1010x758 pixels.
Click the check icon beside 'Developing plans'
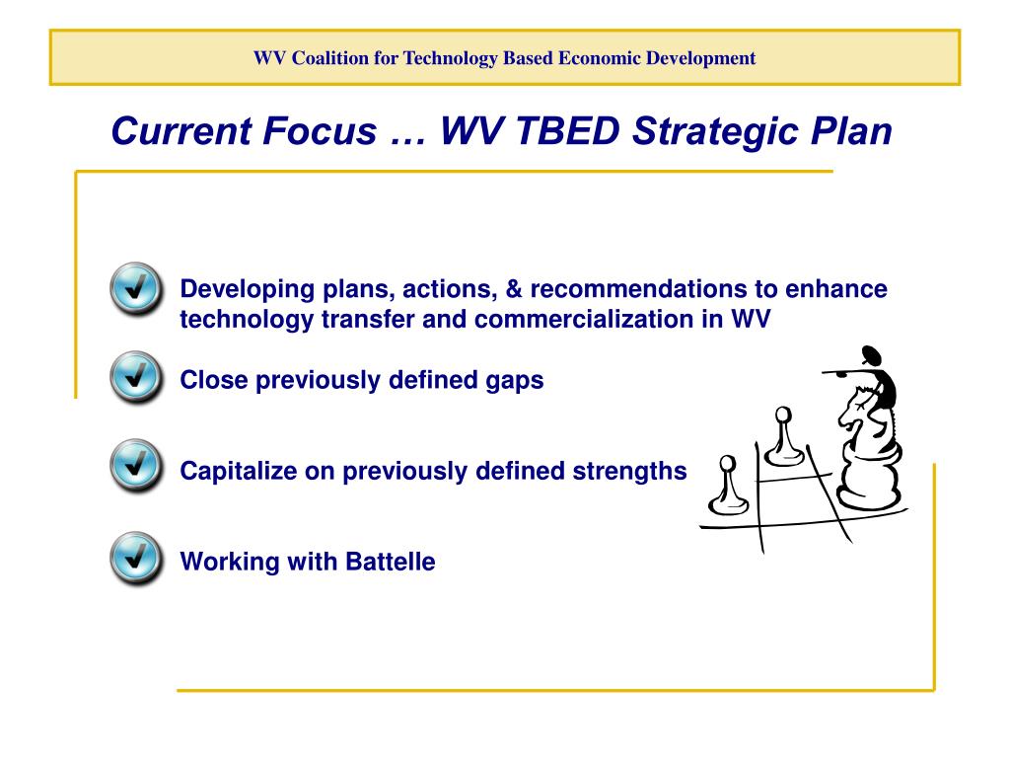tap(136, 288)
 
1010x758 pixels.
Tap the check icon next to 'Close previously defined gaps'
tap(136, 377)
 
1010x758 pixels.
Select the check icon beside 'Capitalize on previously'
tap(136, 466)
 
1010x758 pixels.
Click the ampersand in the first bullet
tap(513, 289)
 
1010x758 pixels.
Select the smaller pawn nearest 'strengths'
tap(728, 484)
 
